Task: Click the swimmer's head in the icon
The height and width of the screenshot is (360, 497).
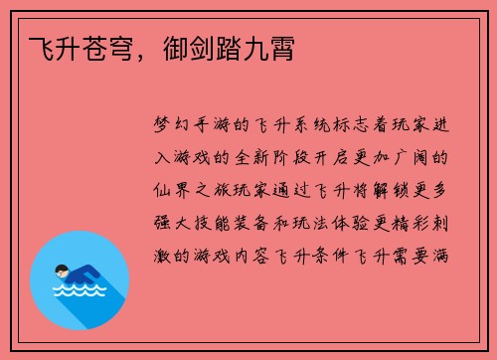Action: (62, 270)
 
